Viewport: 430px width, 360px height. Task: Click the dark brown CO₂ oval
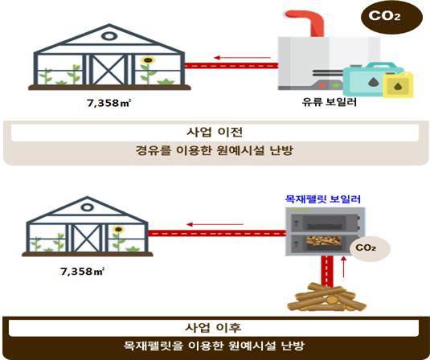391,17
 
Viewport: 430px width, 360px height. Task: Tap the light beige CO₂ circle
370,248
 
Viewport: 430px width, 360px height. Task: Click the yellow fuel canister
398,84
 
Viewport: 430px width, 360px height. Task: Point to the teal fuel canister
367,80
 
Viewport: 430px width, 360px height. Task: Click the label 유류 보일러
329,102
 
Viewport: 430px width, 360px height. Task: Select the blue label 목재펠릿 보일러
323,199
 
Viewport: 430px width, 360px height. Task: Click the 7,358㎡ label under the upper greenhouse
109,103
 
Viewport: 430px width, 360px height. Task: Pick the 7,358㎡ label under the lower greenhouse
82,272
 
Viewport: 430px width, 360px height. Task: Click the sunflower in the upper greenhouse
148,69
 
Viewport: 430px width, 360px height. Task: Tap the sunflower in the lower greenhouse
118,237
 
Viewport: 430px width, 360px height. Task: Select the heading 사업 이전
215,132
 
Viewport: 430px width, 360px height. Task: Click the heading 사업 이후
213,328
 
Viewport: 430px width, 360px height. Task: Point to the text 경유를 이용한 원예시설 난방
215,150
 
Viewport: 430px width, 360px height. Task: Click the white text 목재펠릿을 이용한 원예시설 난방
214,346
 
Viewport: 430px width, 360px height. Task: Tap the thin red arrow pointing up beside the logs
343,267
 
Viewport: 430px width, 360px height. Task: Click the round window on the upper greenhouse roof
109,36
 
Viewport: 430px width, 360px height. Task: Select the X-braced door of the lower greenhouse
88,238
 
